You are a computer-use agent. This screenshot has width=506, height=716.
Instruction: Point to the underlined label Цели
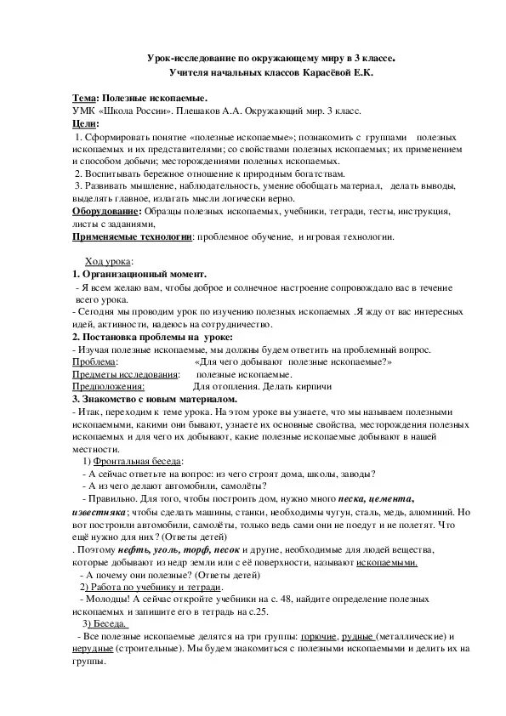[x=84, y=123]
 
